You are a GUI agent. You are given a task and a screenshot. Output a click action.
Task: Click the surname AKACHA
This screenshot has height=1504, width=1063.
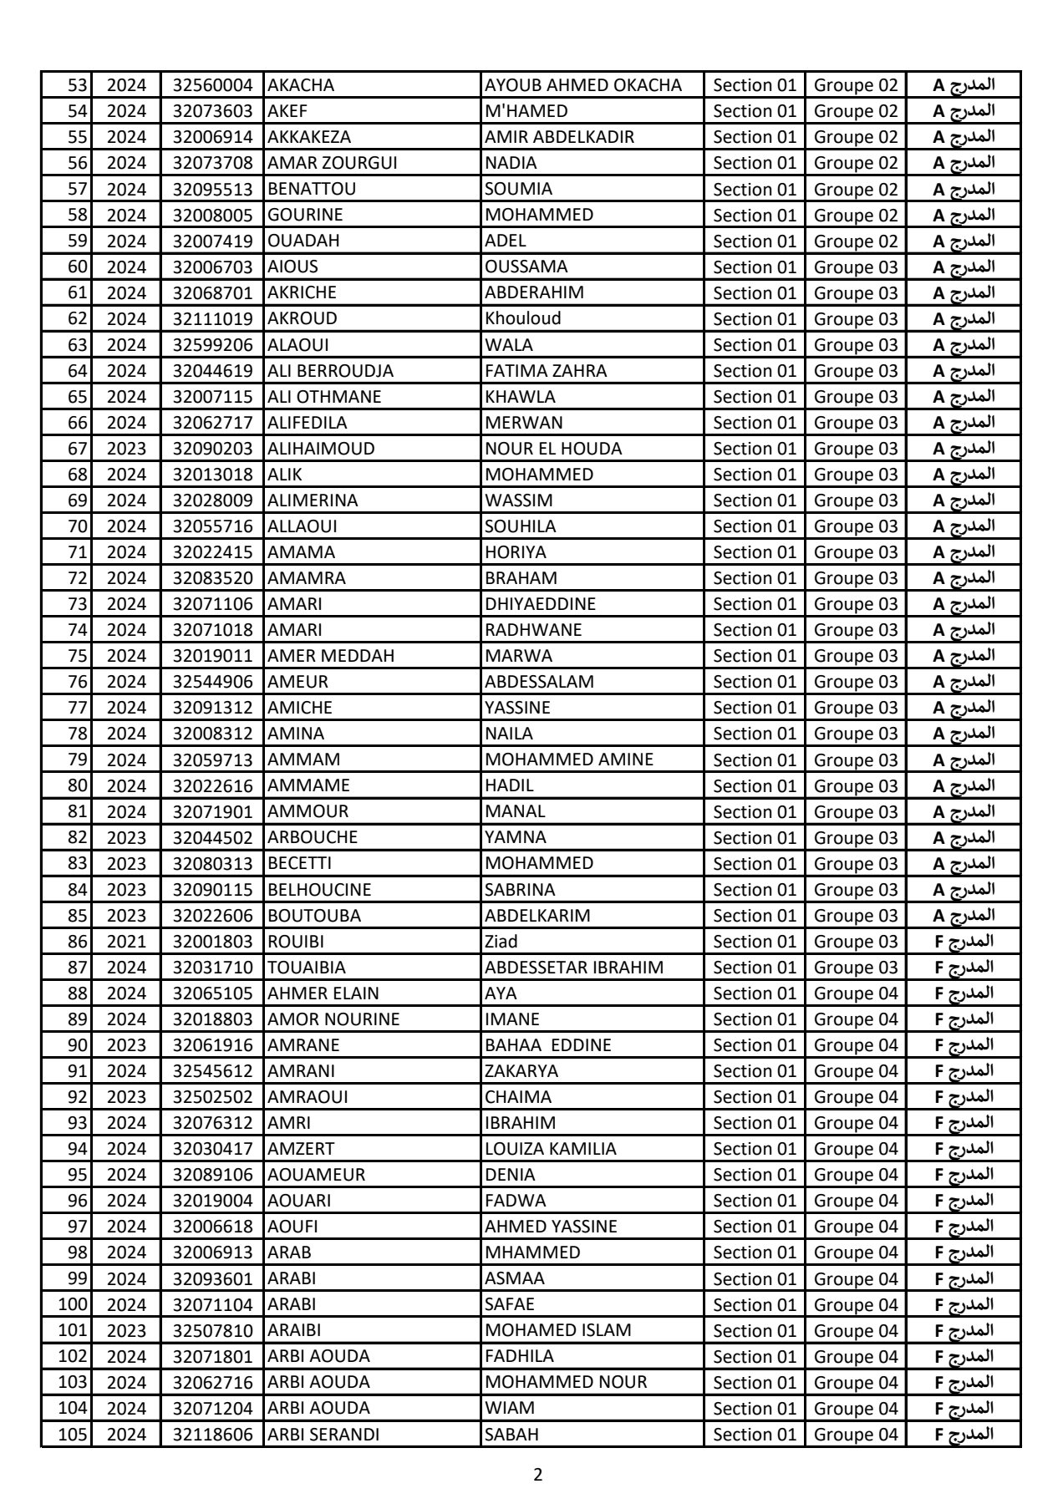point(301,85)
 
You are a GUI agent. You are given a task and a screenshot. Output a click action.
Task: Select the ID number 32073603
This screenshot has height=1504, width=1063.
point(212,111)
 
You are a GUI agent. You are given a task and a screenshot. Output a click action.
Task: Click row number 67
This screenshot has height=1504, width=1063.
point(77,449)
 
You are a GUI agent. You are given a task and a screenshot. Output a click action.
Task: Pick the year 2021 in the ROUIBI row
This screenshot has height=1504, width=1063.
point(126,942)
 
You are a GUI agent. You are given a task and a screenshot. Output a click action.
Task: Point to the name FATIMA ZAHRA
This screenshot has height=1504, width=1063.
point(546,370)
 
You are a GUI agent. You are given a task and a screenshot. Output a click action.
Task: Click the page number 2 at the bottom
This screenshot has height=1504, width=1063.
point(537,1475)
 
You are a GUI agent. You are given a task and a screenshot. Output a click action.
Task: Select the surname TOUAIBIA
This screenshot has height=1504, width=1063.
point(307,968)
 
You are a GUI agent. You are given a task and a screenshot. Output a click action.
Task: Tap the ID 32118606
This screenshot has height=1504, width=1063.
point(212,1435)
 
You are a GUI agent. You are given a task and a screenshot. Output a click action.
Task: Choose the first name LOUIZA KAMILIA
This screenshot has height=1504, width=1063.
point(551,1149)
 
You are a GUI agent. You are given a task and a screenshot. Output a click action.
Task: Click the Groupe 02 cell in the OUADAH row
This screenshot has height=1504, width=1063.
point(856,241)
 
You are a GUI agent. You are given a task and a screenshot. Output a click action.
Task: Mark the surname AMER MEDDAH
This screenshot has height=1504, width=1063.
point(331,656)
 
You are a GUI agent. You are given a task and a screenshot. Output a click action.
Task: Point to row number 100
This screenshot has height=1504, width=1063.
point(73,1305)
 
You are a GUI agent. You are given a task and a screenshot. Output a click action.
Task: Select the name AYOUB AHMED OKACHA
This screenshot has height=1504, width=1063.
point(583,85)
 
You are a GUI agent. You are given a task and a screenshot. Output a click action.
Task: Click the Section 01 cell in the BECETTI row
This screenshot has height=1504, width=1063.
point(755,863)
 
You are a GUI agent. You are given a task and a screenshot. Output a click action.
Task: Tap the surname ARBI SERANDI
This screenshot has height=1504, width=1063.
point(323,1435)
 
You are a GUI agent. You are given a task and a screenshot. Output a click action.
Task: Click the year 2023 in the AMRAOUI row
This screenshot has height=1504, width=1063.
point(126,1097)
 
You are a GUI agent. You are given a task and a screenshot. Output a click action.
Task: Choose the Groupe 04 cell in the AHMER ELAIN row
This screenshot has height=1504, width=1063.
point(856,993)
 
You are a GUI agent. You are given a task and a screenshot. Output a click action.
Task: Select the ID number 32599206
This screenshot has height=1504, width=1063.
point(212,345)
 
